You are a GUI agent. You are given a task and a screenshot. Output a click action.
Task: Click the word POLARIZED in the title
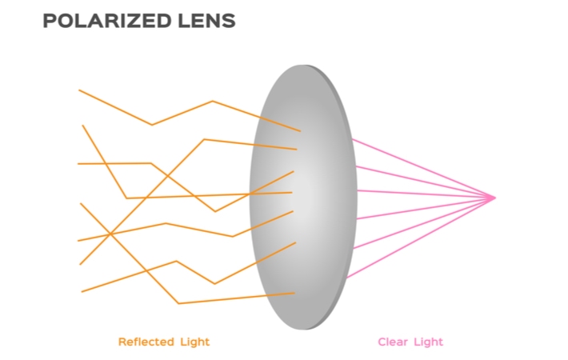tap(107, 21)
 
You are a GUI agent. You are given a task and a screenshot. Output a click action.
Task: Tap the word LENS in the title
tap(207, 21)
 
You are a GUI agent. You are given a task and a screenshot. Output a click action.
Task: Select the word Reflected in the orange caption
tap(146, 342)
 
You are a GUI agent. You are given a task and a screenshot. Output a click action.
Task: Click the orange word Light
tap(195, 342)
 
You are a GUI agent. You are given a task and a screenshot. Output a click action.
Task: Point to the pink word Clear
tap(393, 342)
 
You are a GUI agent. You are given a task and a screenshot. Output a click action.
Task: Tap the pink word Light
tap(429, 342)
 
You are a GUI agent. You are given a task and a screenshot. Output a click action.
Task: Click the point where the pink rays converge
tap(495, 198)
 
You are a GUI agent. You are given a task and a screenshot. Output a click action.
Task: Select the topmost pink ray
tap(423, 169)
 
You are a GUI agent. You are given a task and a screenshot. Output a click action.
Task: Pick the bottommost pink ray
tap(421, 238)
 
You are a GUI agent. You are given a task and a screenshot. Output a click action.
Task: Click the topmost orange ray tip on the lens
tap(300, 130)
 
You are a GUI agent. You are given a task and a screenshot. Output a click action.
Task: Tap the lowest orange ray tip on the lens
tap(294, 293)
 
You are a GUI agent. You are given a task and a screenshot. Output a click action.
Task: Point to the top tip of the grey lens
tap(303, 65)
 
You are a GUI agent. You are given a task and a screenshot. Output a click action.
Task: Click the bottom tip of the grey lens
tap(303, 330)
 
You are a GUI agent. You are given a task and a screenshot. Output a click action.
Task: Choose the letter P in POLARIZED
tap(49, 21)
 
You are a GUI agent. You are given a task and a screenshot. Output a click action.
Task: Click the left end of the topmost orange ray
tap(79, 90)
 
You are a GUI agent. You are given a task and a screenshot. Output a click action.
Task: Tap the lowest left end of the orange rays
tap(82, 291)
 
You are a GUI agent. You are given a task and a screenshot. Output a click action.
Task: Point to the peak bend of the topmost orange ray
tap(213, 101)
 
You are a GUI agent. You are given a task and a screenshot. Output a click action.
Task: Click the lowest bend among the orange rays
tap(178, 303)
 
